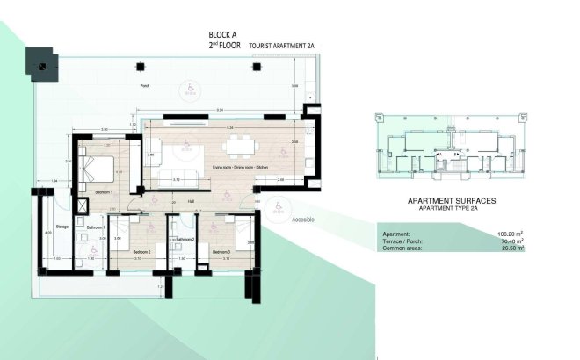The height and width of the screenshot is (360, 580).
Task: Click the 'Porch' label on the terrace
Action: click(145, 86)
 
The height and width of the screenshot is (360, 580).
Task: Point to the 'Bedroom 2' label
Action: click(142, 252)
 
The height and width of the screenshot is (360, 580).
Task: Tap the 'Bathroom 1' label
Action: click(97, 227)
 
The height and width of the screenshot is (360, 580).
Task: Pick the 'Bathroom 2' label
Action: click(184, 239)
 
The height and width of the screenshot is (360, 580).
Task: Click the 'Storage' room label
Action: click(62, 227)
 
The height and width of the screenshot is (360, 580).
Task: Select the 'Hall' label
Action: click(191, 200)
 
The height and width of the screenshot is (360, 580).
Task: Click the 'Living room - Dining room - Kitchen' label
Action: click(229, 165)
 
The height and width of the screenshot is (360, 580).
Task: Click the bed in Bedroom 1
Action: click(94, 166)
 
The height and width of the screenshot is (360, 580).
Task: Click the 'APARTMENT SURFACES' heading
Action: click(452, 200)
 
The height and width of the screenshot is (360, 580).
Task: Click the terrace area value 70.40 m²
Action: click(510, 241)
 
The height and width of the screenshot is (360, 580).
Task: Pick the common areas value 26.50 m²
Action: click(510, 248)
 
